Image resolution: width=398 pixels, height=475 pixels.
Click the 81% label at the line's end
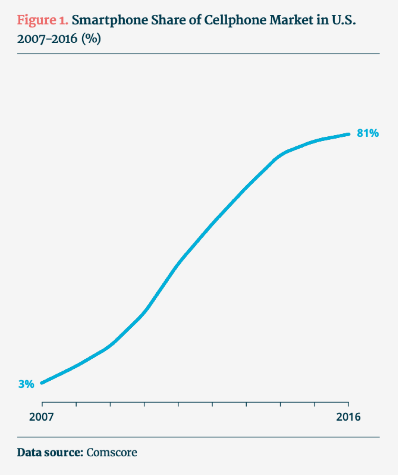pyautogui.click(x=368, y=133)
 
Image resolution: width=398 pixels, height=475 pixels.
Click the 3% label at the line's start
pyautogui.click(x=26, y=384)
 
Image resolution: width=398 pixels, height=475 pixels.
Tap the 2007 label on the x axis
pyautogui.click(x=41, y=417)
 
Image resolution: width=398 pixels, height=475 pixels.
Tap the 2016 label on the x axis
pyautogui.click(x=348, y=417)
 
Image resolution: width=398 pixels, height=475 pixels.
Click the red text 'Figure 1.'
pyautogui.click(x=43, y=20)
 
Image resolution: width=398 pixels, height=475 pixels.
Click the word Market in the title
pyautogui.click(x=291, y=20)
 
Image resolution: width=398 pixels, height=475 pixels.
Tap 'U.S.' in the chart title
pyautogui.click(x=344, y=20)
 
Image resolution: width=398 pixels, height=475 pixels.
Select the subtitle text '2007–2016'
pyautogui.click(x=47, y=39)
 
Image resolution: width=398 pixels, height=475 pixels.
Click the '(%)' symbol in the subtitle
pyautogui.click(x=91, y=39)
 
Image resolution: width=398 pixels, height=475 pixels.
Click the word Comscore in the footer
pyautogui.click(x=112, y=452)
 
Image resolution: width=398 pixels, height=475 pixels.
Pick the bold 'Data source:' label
pyautogui.click(x=50, y=452)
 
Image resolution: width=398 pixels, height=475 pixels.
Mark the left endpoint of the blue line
pyautogui.click(x=42, y=382)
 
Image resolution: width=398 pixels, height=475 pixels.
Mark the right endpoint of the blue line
pyautogui.click(x=349, y=134)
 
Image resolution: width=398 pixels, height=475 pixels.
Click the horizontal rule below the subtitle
pyautogui.click(x=198, y=54)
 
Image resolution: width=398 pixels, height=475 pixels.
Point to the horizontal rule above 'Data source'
pyautogui.click(x=198, y=437)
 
